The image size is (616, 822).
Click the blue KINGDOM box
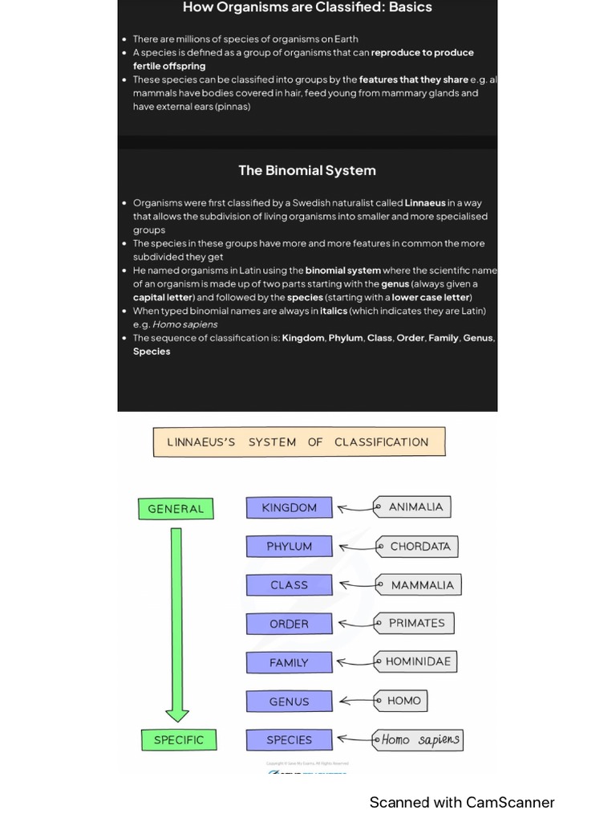(289, 507)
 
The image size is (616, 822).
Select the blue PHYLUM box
(289, 546)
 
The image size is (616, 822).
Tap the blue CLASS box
(289, 585)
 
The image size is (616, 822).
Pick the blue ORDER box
(289, 624)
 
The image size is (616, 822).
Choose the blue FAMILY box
(289, 662)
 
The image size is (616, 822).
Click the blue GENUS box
(289, 701)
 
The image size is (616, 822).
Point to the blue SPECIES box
(289, 739)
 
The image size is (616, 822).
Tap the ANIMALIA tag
(413, 507)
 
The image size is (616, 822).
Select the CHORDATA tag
(418, 546)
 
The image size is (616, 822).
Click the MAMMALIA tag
(419, 585)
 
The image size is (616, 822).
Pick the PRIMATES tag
(415, 623)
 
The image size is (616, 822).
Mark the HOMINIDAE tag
(416, 661)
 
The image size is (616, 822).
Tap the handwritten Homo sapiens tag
(419, 739)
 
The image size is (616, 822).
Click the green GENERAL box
(176, 508)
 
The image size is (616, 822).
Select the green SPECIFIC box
(178, 739)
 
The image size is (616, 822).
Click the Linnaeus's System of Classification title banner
(298, 442)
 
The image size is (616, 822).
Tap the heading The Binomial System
(307, 170)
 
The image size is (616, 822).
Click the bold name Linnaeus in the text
(425, 203)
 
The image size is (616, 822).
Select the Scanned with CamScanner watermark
(462, 802)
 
